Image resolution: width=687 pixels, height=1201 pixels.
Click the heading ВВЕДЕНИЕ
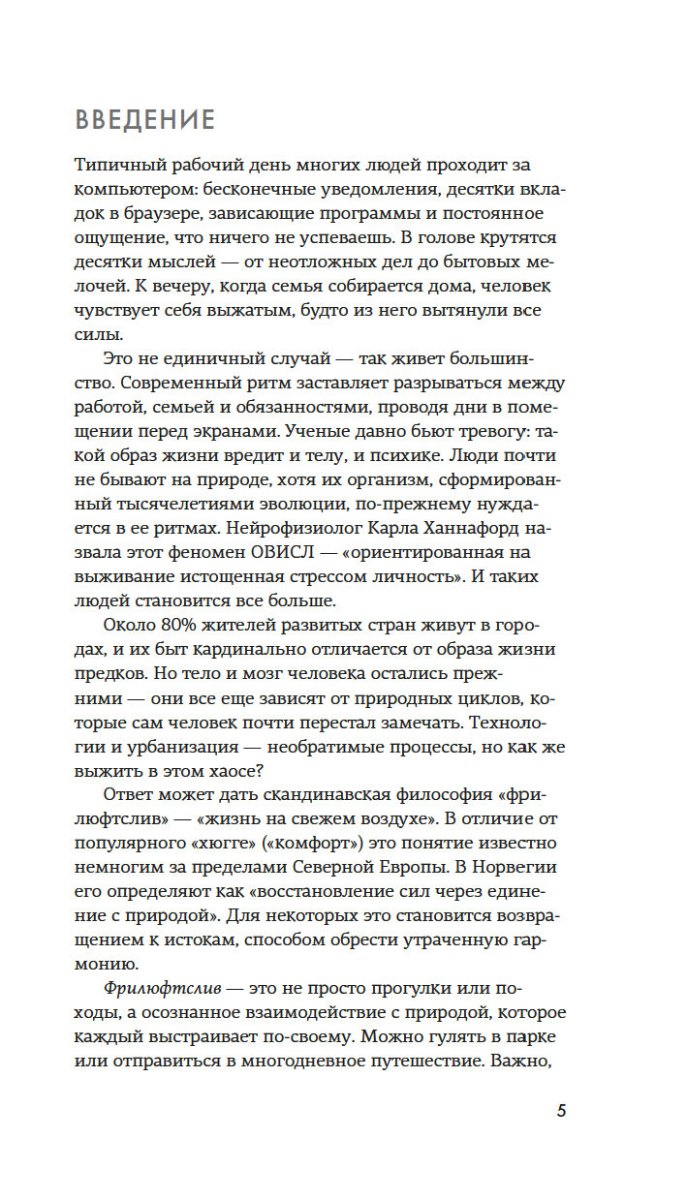tap(144, 120)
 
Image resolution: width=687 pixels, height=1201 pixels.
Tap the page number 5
tap(561, 1111)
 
